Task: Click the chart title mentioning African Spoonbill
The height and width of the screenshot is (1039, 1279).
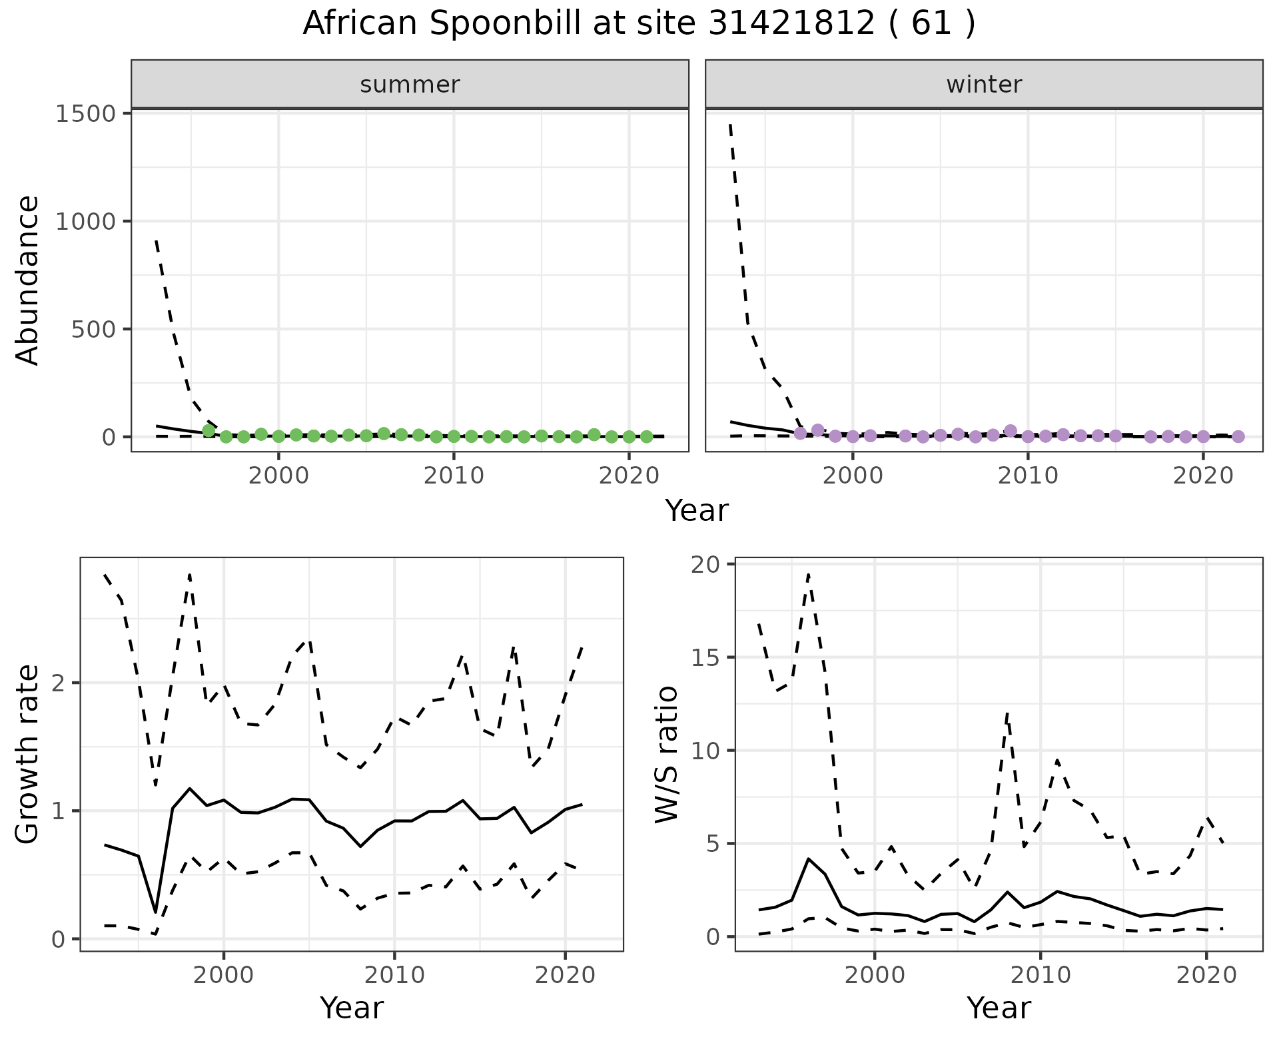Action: click(639, 24)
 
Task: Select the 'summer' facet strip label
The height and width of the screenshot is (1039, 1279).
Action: click(410, 85)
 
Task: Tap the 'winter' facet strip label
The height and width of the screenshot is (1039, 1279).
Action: click(984, 85)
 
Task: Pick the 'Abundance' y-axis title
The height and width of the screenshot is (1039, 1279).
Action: click(28, 280)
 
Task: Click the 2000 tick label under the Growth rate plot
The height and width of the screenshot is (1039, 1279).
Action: click(224, 976)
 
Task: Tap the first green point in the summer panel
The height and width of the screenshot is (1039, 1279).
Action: click(209, 430)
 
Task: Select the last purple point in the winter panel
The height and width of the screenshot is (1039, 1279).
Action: click(1238, 436)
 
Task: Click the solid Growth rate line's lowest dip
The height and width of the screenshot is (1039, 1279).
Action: click(155, 912)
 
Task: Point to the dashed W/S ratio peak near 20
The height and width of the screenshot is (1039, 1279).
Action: click(808, 574)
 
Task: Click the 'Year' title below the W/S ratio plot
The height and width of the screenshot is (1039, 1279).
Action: click(999, 1008)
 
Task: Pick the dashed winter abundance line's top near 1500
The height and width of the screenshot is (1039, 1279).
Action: click(731, 124)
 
